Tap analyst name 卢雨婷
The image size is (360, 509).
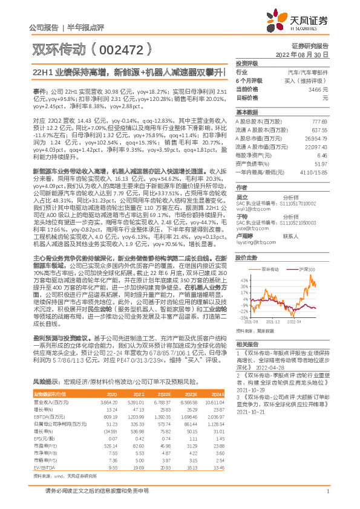243,236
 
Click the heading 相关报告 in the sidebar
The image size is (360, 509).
247,343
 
